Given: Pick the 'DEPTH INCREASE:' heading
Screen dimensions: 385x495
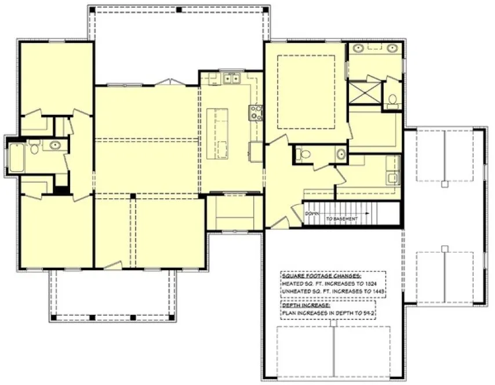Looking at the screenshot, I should (x=306, y=305).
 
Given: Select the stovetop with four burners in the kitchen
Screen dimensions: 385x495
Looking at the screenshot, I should (x=256, y=112).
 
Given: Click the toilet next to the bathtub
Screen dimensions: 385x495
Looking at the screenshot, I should (x=35, y=149).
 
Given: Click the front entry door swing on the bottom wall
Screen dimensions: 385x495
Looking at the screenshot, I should (x=114, y=265).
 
